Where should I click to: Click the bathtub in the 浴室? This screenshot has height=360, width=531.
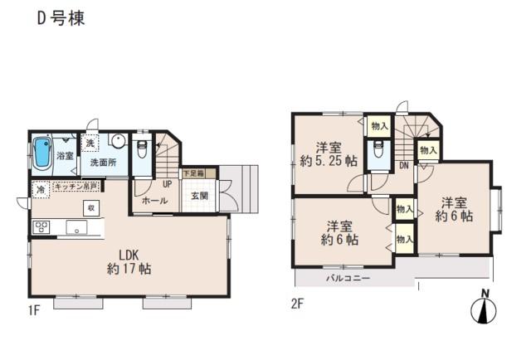(x=41, y=153)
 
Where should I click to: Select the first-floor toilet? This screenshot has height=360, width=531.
(x=142, y=149)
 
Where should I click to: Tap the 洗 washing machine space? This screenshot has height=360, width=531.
(x=89, y=141)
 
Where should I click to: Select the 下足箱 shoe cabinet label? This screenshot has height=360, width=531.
(x=194, y=173)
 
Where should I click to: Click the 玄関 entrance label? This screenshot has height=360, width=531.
(x=199, y=197)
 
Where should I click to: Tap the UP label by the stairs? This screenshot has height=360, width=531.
(x=167, y=184)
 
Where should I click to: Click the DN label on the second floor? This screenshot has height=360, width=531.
(x=403, y=165)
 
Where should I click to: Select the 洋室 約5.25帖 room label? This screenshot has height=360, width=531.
(x=329, y=153)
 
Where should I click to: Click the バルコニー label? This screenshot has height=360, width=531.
(x=348, y=278)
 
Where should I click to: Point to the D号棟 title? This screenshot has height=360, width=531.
(x=60, y=17)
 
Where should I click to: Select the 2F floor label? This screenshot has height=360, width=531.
(x=297, y=304)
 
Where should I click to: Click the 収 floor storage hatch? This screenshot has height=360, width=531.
(x=92, y=207)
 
